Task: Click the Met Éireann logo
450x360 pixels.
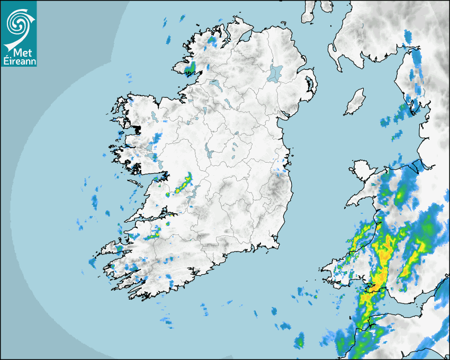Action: [19, 33]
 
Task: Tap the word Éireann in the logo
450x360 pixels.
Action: [19, 60]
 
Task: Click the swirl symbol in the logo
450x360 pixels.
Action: [19, 22]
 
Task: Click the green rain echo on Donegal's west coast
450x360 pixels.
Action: [191, 68]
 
